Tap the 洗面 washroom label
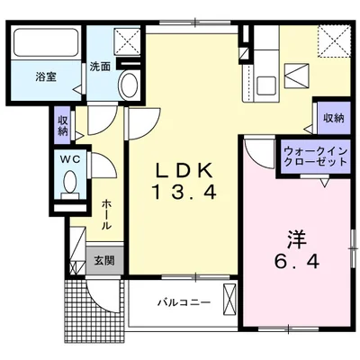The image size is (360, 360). (x=100, y=66)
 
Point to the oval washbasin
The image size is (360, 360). (x=128, y=88)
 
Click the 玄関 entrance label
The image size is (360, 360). (x=103, y=261)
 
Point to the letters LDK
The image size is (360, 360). (x=184, y=168)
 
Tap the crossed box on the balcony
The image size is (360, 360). (x=229, y=301)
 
